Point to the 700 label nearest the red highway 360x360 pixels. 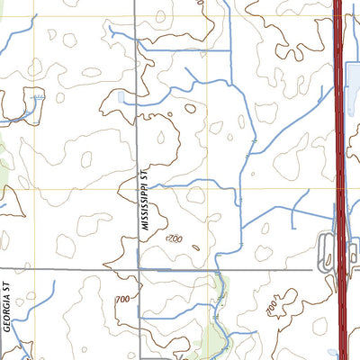tap(274, 309)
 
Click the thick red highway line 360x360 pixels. tap(339, 135)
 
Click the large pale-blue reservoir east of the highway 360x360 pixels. tap(353, 90)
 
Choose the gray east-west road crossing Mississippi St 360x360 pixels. tap(72, 268)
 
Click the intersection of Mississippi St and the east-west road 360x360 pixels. tap(138, 268)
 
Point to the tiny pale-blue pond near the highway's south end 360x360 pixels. tap(331, 352)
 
